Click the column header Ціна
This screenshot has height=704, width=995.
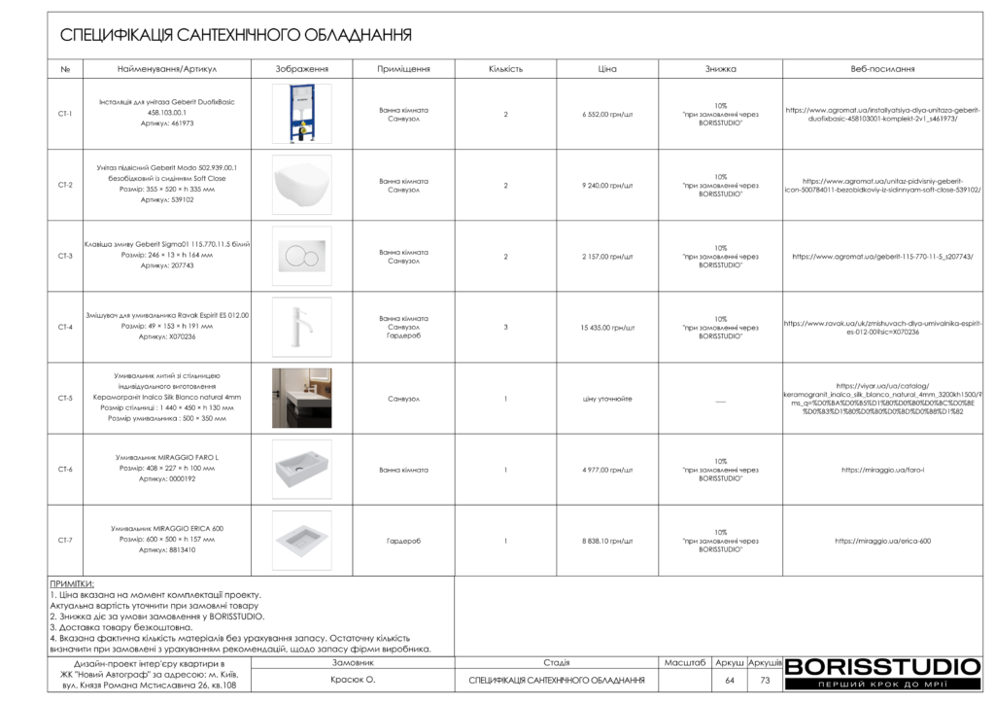pos(607,69)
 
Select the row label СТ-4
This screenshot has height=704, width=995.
pos(65,328)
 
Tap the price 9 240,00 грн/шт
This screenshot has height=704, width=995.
pos(607,185)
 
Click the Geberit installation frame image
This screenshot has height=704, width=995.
pos(301,114)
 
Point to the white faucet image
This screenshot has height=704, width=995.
pos(301,327)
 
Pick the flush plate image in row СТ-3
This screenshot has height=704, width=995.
pos(301,256)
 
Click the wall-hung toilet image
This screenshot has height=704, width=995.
pos(301,185)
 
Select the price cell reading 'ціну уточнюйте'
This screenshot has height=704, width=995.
pos(607,399)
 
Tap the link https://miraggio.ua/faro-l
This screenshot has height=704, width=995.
pos(882,470)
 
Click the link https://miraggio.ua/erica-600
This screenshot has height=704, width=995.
pos(882,541)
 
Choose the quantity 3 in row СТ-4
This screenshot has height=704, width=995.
pos(505,328)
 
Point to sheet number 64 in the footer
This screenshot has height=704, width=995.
pos(730,680)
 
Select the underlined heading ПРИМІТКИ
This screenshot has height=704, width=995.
pos(72,583)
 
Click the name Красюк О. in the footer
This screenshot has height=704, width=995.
pos(353,680)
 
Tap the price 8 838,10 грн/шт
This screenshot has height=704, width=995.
pos(607,541)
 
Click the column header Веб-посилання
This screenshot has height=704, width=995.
pos(882,69)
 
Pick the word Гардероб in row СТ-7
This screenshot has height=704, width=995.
pos(403,541)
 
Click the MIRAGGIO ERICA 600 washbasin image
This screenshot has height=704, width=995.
pos(301,541)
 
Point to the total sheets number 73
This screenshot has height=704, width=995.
pos(765,680)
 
